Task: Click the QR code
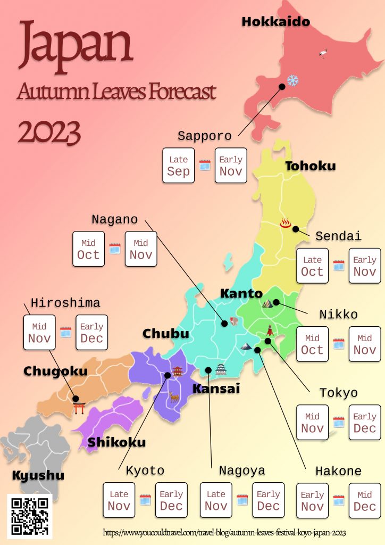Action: tap(30, 515)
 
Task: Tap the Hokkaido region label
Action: tap(275, 22)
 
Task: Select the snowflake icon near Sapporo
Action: tap(292, 81)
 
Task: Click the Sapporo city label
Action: tap(205, 136)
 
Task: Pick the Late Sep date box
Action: tap(178, 166)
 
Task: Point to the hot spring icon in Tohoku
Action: tap(286, 222)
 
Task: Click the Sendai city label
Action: tap(338, 236)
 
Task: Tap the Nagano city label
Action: tap(114, 219)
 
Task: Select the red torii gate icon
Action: tap(80, 408)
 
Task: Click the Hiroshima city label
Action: tap(65, 303)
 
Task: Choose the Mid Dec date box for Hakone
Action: tap(365, 501)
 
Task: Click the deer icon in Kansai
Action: tap(173, 397)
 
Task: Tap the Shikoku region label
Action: tap(116, 442)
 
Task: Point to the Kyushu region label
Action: tap(38, 475)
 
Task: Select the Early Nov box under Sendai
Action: tap(365, 266)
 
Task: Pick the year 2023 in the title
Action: tap(49, 131)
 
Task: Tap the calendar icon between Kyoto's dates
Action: tap(145, 500)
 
